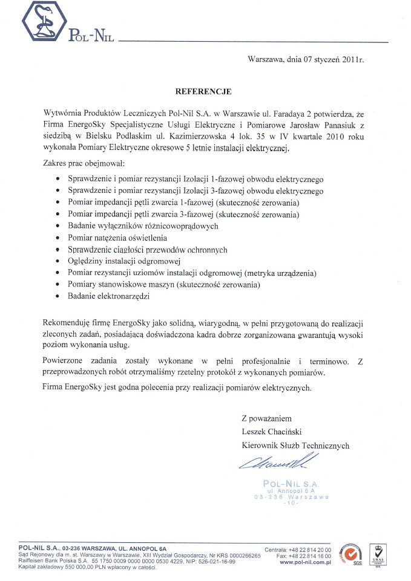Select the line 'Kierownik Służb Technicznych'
coord(295,445)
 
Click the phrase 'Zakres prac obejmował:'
coord(83,163)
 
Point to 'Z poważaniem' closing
coord(266,418)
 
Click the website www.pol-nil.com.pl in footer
coord(307,562)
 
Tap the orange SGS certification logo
coord(352,555)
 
